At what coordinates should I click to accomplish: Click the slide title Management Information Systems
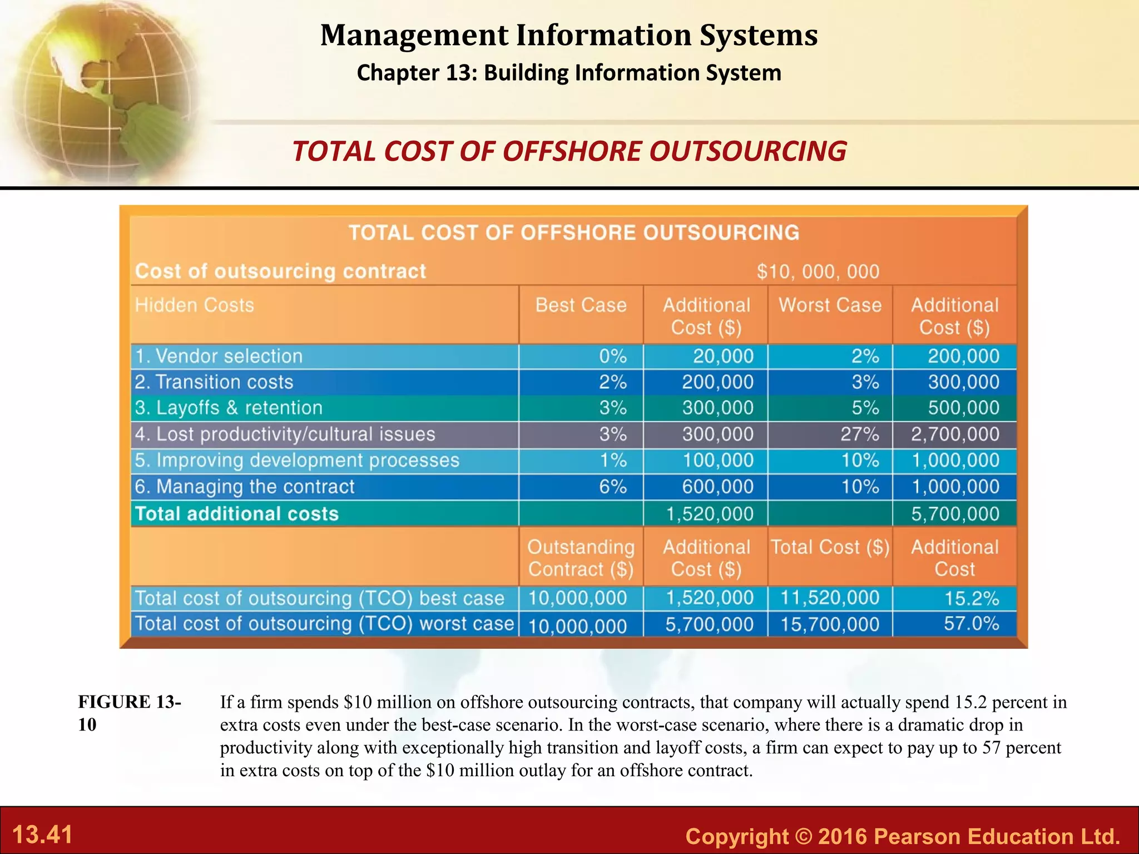pos(569,35)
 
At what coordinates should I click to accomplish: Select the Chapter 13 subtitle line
pos(569,73)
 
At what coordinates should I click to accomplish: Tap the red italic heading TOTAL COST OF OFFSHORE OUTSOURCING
pos(569,151)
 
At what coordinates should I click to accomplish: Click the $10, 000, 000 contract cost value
pos(818,271)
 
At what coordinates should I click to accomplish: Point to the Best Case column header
pos(581,305)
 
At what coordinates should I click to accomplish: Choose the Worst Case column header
pos(830,305)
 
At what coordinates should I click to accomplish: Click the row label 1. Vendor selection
pos(219,356)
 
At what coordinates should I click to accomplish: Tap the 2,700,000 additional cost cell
pos(954,434)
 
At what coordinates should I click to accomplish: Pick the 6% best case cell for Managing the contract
pos(612,487)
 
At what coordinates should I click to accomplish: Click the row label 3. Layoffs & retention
pos(229,408)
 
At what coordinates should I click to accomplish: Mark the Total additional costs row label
pos(237,514)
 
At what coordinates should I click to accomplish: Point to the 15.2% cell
pos(971,598)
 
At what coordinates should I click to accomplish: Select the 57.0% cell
pos(971,624)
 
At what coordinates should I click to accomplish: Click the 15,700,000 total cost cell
pos(830,624)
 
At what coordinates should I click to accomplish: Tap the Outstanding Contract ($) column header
pos(581,558)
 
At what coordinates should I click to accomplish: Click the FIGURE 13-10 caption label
pos(129,713)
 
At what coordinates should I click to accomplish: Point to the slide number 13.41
pos(42,835)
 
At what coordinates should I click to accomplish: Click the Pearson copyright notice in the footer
pos(902,836)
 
